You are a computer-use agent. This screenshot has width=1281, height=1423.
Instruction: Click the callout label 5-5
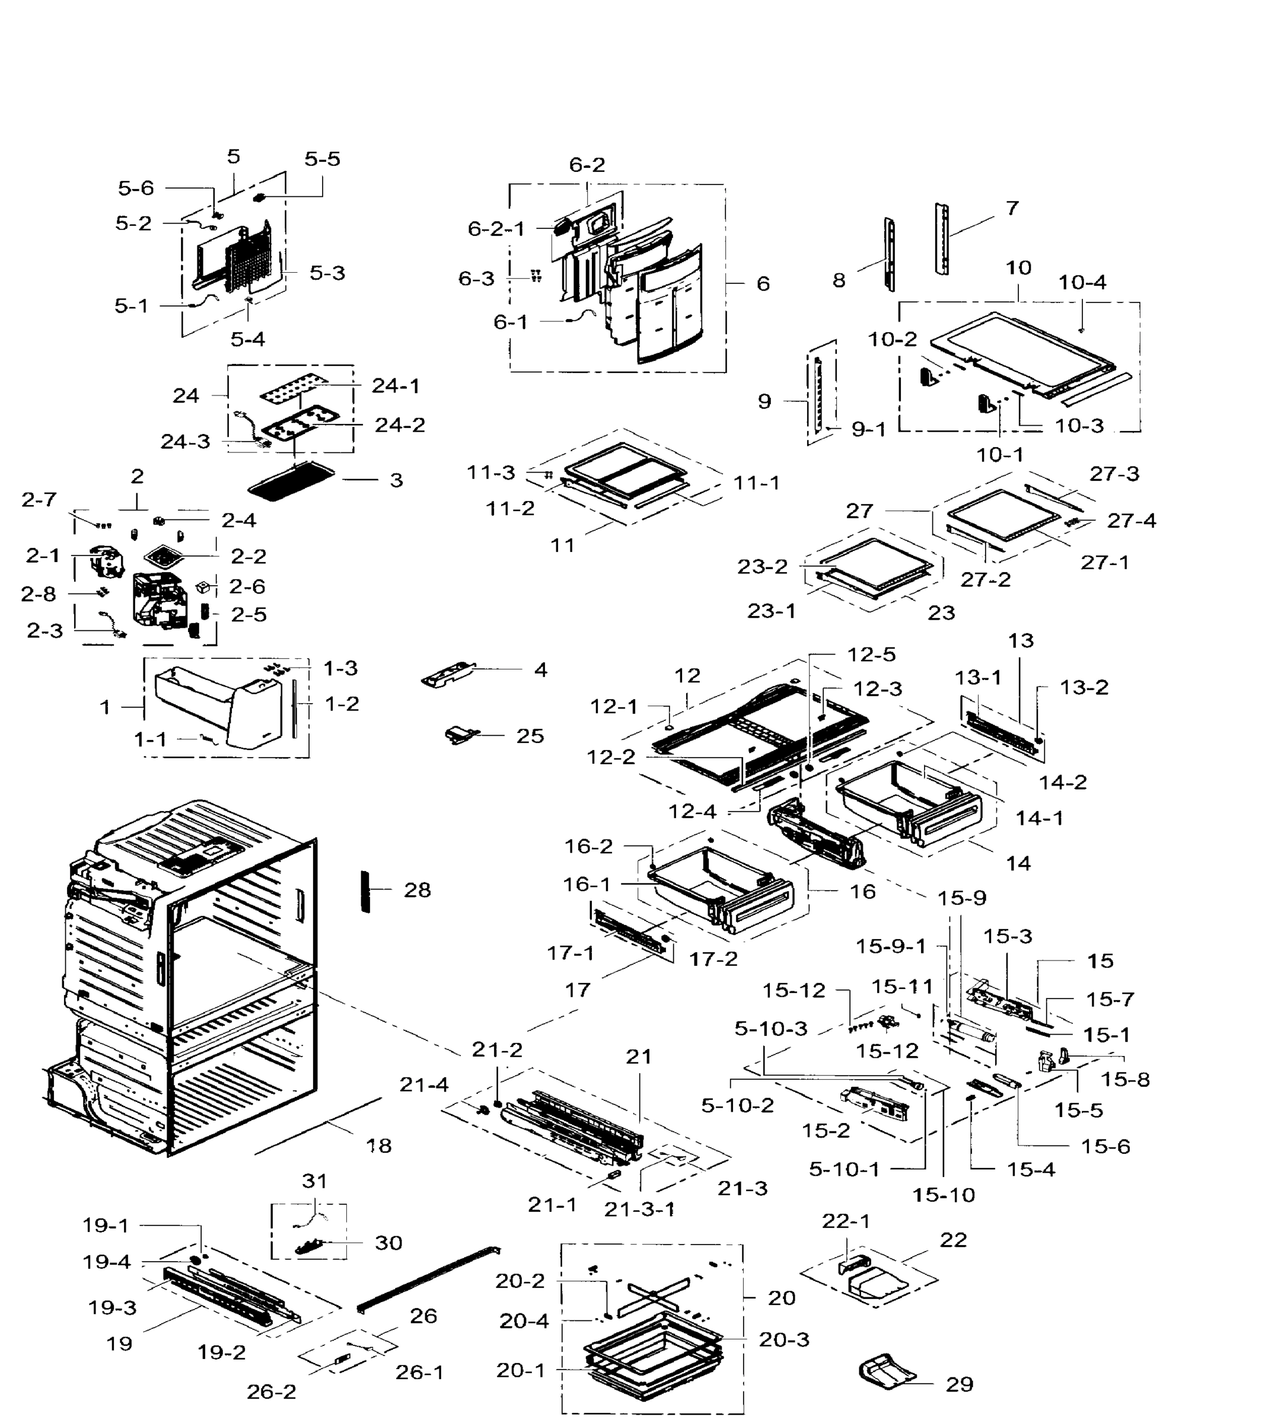323,159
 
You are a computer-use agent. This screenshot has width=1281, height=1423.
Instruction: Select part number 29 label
960,1384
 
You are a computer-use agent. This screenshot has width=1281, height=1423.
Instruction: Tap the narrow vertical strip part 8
890,253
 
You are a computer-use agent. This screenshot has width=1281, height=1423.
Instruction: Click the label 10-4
1082,282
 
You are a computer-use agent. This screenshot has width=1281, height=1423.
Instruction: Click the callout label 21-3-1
639,1209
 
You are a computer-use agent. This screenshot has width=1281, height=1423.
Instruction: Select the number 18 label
379,1146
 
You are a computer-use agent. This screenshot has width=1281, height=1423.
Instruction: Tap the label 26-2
272,1392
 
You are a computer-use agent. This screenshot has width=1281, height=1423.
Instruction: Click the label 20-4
524,1321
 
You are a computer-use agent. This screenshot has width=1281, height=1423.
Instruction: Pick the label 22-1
846,1221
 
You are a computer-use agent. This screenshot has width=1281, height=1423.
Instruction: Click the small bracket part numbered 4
448,674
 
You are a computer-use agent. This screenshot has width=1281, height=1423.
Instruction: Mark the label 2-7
39,500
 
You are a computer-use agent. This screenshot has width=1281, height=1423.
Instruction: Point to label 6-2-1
496,229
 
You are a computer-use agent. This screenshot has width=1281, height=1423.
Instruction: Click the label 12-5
871,655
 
